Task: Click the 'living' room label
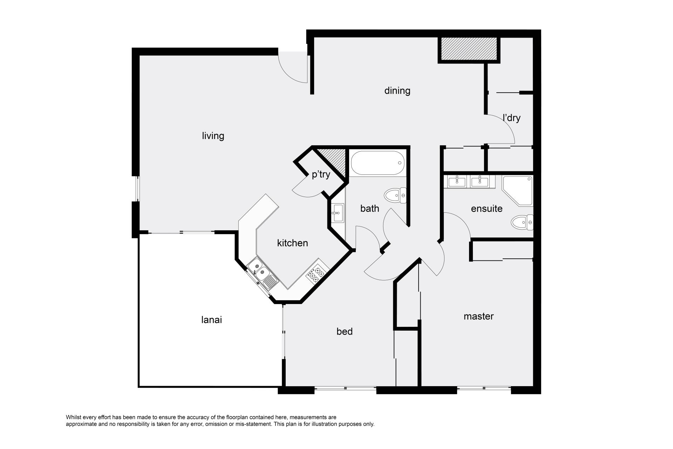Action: point(213,136)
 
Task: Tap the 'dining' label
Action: point(397,91)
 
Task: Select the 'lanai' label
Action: point(212,320)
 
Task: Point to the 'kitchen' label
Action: point(292,243)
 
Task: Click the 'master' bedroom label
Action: point(478,316)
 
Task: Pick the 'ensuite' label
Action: point(487,209)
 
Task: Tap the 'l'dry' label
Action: point(511,118)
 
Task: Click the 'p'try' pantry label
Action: point(321,174)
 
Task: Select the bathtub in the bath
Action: point(378,163)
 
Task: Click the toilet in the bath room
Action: point(395,196)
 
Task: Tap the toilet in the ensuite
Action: point(522,222)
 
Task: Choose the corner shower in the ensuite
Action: point(517,191)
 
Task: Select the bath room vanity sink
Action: point(338,213)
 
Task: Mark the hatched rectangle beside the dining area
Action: point(469,48)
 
